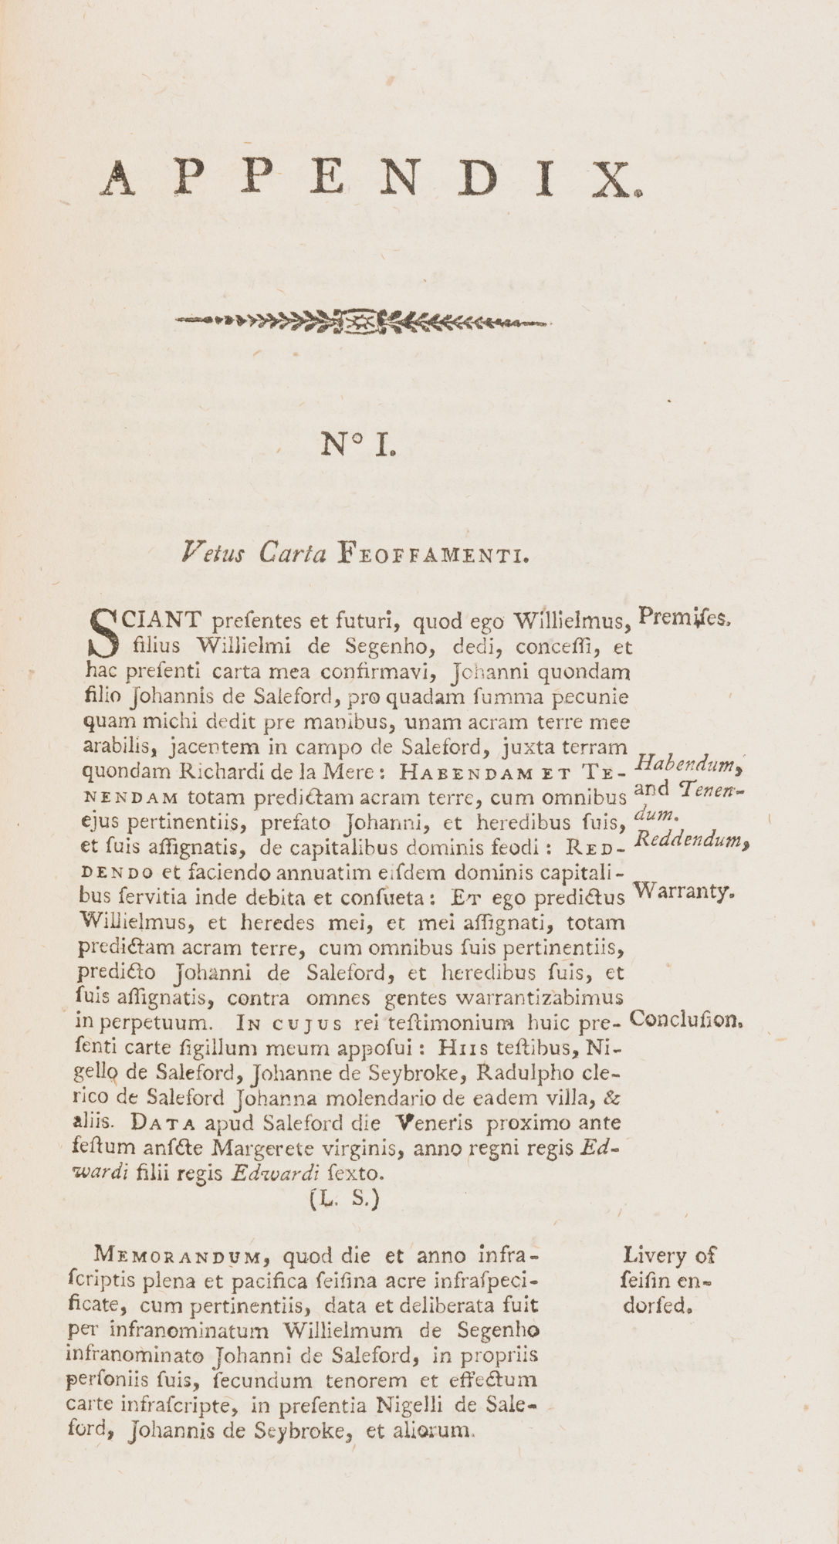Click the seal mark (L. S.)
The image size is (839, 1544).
click(x=345, y=1200)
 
